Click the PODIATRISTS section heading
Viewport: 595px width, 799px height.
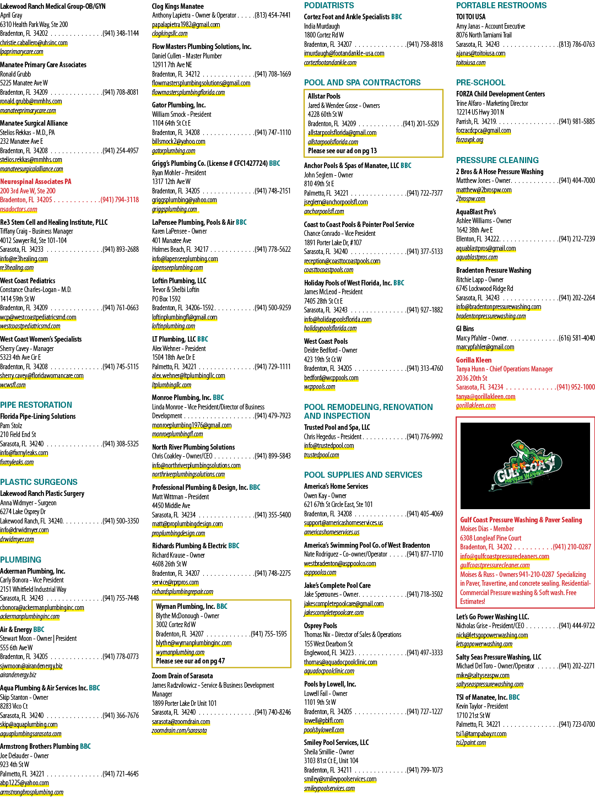329,6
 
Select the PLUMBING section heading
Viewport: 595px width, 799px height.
20,559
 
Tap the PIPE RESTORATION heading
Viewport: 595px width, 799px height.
36,404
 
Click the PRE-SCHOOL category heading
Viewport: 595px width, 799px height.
480,83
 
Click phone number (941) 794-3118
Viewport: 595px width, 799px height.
120,199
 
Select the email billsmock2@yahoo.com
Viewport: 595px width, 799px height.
178,142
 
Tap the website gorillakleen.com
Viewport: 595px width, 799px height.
475,405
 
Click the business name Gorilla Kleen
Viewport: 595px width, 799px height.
474,360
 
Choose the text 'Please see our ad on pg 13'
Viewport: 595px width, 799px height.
342,150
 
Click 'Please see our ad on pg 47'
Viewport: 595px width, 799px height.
190,661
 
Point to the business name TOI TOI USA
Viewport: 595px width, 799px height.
470,17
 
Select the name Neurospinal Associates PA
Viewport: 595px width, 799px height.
36,181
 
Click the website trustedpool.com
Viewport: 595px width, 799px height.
321,455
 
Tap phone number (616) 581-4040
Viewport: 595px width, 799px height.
576,338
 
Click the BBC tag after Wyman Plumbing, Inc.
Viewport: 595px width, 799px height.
222,606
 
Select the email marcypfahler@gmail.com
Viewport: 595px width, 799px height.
485,347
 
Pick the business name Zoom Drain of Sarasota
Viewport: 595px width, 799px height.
182,676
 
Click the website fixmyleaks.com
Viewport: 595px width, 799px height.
17,462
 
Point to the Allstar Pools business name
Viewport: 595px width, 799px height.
324,96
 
